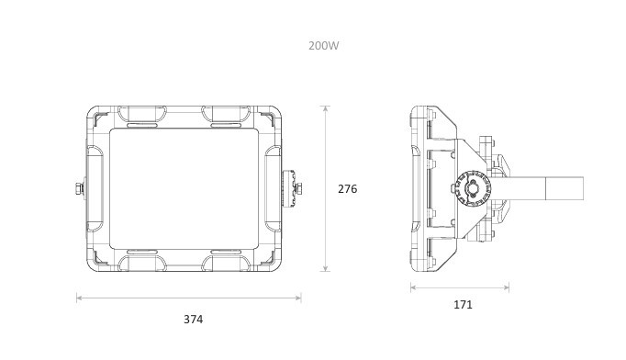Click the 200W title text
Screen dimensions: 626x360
click(x=323, y=46)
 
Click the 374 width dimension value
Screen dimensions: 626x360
click(x=194, y=320)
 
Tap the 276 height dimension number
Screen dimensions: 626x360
click(x=347, y=189)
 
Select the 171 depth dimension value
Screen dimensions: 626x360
click(x=463, y=305)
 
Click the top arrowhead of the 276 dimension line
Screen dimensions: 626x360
click(x=326, y=108)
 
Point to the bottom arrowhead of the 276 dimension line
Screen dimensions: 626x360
click(x=326, y=268)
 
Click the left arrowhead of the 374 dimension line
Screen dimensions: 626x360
click(x=79, y=298)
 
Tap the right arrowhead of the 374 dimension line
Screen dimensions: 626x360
click(x=297, y=298)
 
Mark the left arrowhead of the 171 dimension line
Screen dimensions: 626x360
click(x=414, y=287)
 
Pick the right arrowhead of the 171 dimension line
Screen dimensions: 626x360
click(x=506, y=287)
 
